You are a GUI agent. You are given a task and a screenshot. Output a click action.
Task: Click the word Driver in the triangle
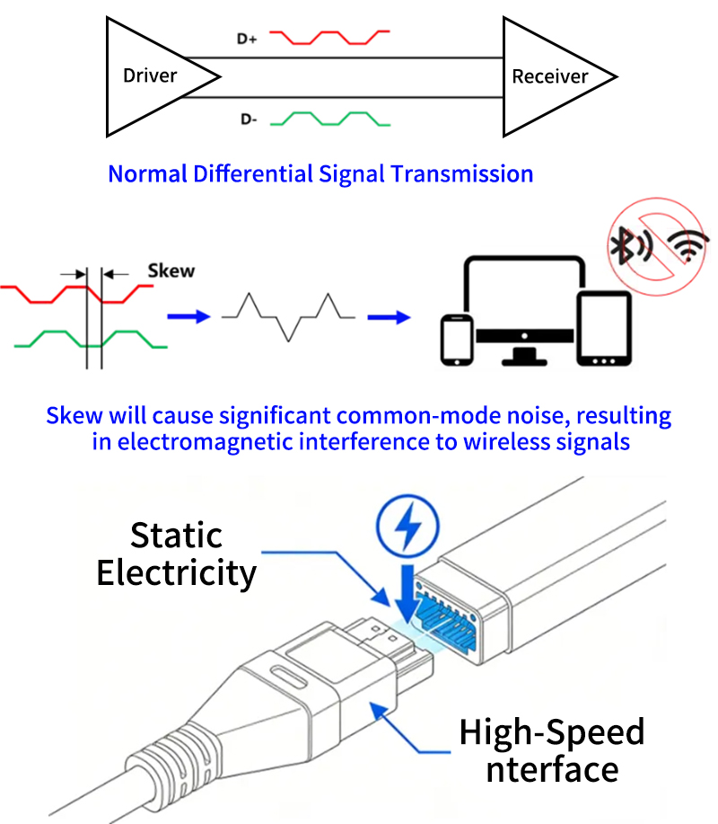coord(150,75)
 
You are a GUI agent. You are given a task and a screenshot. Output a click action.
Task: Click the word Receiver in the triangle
coord(549,76)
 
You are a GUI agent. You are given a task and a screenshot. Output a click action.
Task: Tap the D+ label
coord(247,39)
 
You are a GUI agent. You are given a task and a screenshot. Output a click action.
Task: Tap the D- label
coord(249,120)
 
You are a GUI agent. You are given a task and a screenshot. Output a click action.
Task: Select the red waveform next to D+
coord(329,38)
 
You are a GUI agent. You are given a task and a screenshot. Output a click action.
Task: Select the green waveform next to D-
coord(330,119)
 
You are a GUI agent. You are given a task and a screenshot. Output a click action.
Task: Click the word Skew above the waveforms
coord(171,270)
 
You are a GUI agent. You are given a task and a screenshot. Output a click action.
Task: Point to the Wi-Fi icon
coord(687,246)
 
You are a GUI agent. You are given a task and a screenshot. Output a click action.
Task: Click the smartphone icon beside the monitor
coord(457,340)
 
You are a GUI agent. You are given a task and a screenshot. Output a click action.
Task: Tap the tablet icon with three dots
coord(604,329)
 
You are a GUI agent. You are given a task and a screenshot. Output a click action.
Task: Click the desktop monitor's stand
coord(524,356)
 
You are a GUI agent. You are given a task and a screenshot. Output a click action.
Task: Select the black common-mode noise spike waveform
coord(288,317)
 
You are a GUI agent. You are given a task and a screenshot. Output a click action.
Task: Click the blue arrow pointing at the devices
coord(389,317)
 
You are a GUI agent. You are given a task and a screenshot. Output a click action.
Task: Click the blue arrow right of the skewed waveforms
coord(188,316)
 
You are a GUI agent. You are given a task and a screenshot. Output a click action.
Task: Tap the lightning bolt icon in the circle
coord(407,526)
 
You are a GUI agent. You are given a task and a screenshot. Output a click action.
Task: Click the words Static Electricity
coord(176,554)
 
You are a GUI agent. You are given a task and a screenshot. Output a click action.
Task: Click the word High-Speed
coord(552,731)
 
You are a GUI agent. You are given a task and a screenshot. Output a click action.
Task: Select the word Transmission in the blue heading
coord(462,174)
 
